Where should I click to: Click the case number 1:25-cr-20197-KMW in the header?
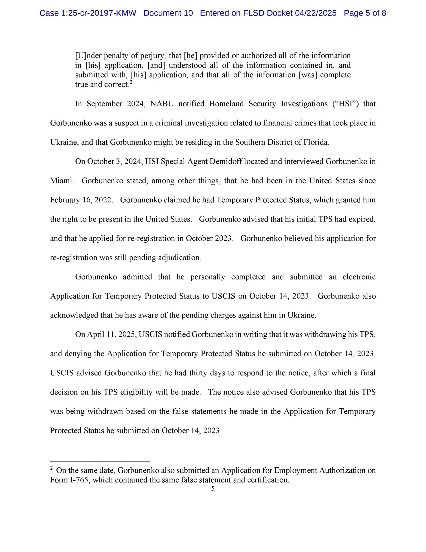point(88,13)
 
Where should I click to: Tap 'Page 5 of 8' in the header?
point(365,13)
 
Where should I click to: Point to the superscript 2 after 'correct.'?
point(131,82)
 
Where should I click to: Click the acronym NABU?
point(162,104)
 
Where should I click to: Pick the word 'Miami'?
point(62,181)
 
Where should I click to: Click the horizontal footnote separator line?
point(100,462)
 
